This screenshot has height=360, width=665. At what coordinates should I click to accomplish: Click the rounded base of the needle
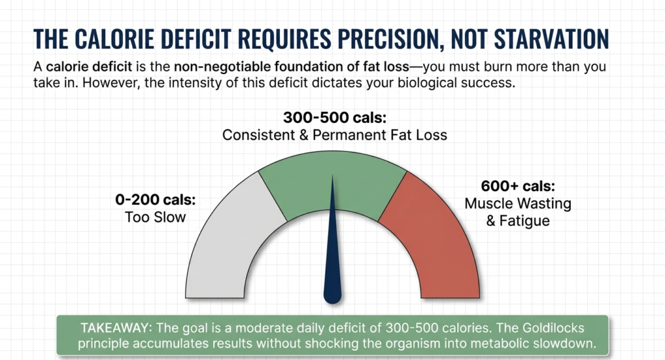coord(332,296)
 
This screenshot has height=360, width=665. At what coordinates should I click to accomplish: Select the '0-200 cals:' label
coord(155,199)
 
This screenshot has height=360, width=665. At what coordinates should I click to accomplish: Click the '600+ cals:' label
coord(508,185)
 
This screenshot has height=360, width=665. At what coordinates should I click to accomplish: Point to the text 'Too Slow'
coord(155,217)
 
